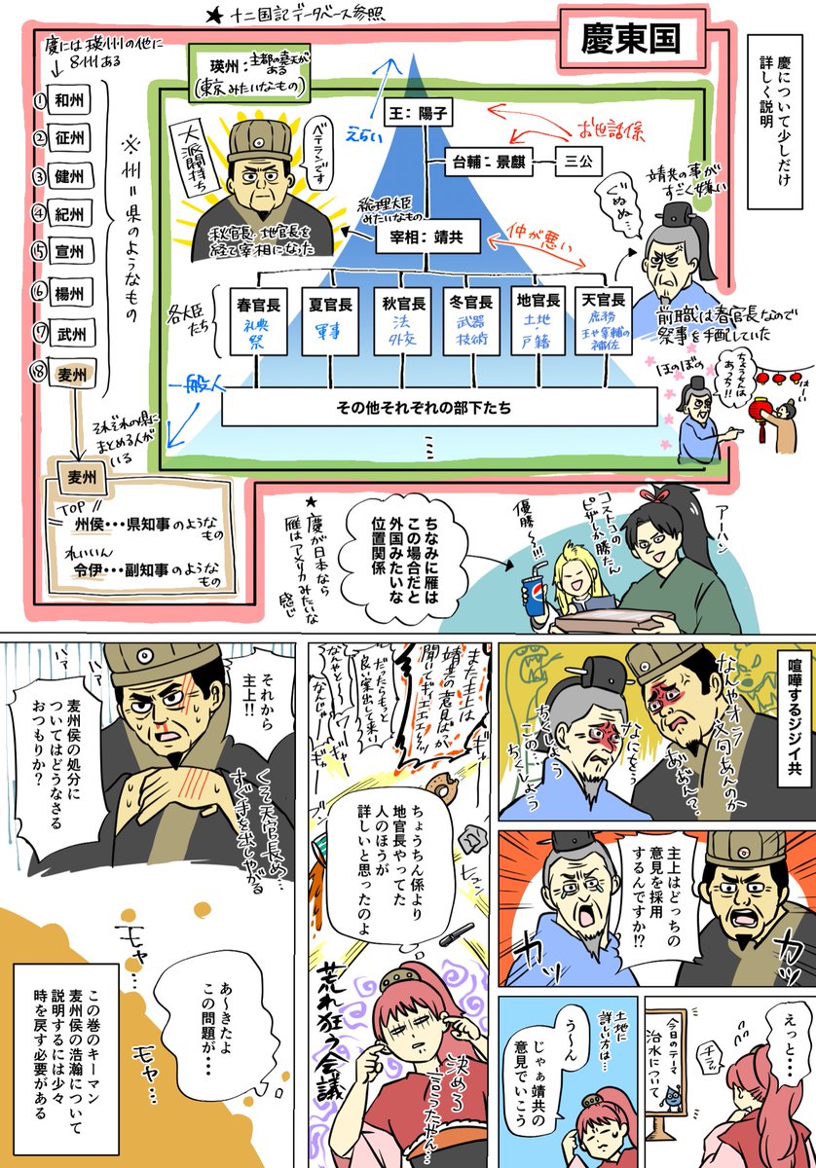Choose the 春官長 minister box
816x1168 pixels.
coord(258,322)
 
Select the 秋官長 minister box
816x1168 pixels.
coord(404,322)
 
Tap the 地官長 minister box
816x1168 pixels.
coord(538,322)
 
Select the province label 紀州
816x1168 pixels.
coord(70,214)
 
